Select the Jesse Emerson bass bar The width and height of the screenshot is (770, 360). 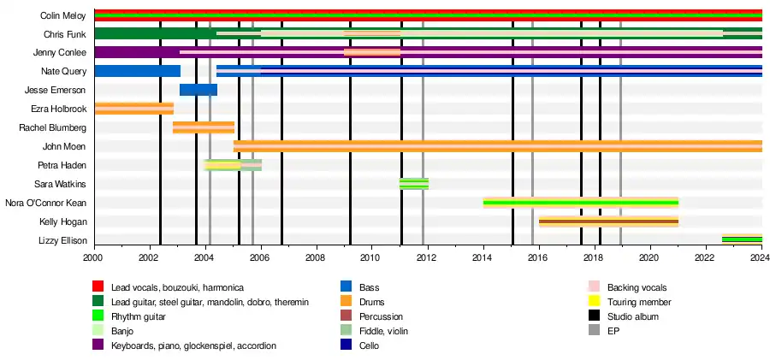point(198,90)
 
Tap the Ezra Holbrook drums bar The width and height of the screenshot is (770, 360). point(133,109)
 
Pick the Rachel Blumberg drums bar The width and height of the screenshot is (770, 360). point(204,127)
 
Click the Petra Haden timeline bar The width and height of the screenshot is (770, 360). point(233,165)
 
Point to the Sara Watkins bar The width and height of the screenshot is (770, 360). point(414,184)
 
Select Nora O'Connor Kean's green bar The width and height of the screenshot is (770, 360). point(580,203)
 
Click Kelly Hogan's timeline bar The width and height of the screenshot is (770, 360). point(608,221)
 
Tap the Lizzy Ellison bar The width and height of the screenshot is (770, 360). point(742,240)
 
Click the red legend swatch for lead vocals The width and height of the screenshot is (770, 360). point(98,287)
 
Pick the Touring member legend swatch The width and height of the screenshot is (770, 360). point(594,302)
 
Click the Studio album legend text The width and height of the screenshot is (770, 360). point(634,316)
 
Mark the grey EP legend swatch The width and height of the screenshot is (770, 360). point(594,331)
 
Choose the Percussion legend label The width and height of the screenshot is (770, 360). point(382,316)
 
